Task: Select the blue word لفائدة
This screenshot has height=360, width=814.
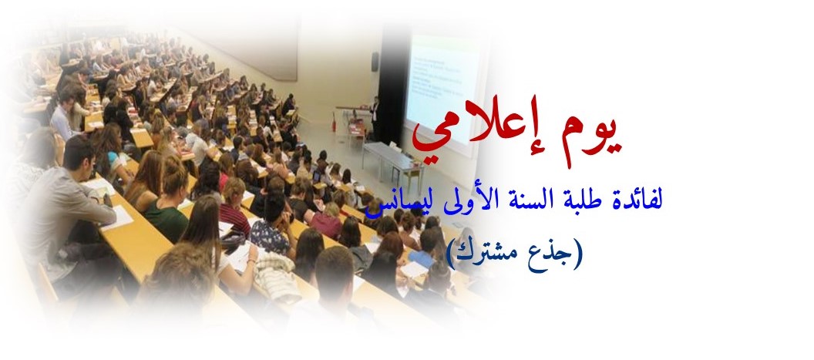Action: tap(638, 200)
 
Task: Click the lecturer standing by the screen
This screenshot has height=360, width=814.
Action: tap(375, 118)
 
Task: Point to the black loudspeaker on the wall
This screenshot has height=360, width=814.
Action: tap(375, 62)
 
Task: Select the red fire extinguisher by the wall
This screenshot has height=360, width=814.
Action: tap(335, 125)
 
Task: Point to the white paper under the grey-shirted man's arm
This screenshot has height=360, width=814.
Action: tap(116, 218)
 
